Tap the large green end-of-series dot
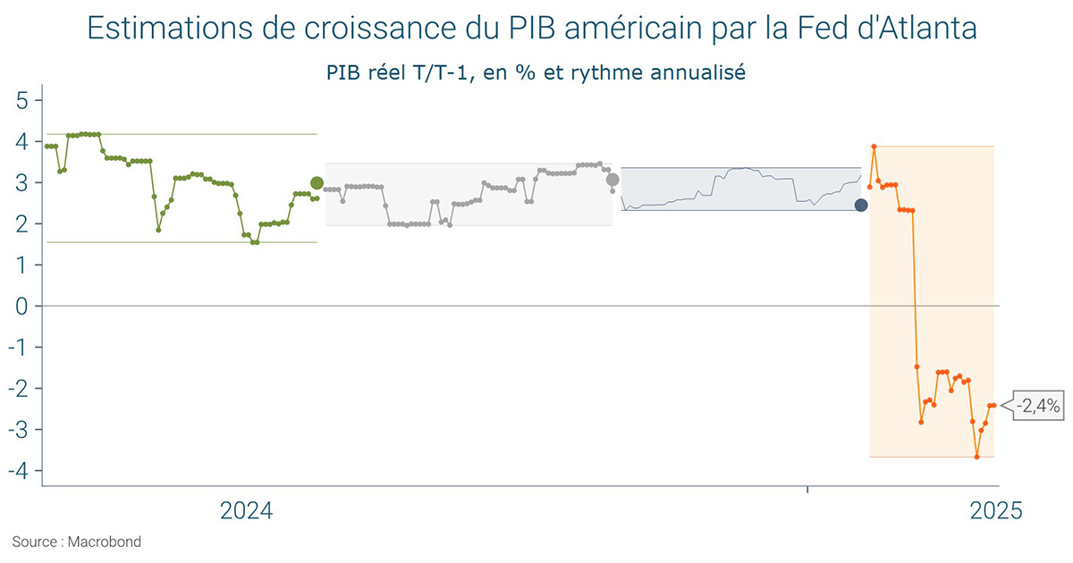coord(317,183)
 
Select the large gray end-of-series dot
coord(613,180)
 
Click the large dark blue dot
coord(861,206)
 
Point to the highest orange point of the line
coord(874,147)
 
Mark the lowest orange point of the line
coord(976,457)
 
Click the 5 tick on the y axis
coord(23,100)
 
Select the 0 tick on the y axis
coord(23,307)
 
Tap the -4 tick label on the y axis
coord(20,471)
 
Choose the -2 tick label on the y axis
coord(20,389)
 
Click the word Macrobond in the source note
coord(105,542)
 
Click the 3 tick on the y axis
coord(23,183)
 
